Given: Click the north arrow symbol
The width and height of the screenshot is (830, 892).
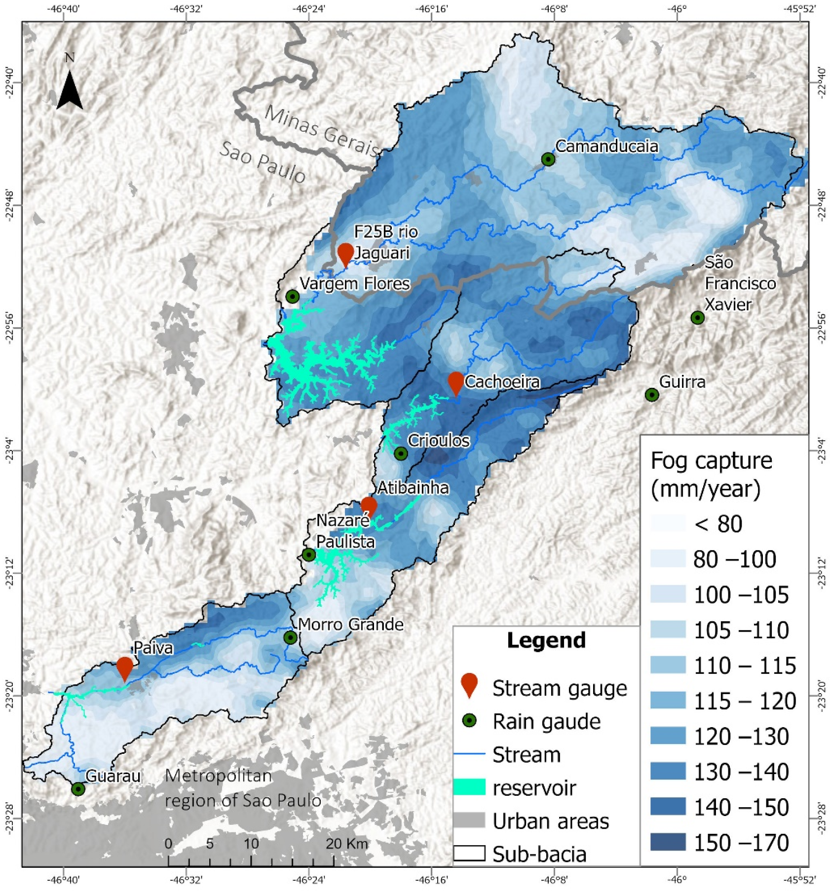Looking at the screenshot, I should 70,90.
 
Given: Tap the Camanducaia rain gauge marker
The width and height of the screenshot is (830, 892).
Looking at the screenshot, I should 548,159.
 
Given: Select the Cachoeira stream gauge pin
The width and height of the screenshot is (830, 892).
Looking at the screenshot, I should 455,382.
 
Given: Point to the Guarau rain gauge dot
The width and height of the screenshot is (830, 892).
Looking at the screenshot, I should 78,789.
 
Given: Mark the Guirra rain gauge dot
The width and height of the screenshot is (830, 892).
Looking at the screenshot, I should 651,395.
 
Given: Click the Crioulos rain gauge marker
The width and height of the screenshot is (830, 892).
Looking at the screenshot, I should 401,453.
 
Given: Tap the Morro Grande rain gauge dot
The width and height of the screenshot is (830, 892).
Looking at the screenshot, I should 290,637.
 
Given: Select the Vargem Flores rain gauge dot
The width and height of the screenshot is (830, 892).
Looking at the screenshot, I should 293,297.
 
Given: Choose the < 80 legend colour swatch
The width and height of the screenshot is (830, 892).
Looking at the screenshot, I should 668,523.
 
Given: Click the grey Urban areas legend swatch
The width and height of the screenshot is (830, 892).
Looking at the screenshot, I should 469,820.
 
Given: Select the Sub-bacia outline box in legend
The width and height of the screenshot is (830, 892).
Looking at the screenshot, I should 469,853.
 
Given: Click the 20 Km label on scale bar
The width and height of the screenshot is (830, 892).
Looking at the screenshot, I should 346,843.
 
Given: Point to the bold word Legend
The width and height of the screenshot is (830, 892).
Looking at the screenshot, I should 546,640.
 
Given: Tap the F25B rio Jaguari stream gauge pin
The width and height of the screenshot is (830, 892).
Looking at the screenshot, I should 345,253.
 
